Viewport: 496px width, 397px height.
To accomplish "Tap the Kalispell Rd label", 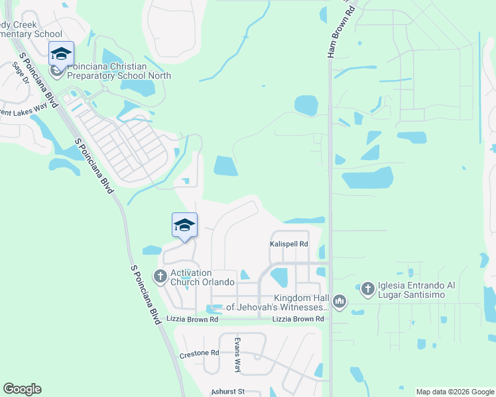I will (289, 243).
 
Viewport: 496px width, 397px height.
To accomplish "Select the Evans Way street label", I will (237, 354).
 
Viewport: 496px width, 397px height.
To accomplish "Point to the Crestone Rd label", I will (199, 355).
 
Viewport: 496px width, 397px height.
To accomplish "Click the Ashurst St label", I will (227, 392).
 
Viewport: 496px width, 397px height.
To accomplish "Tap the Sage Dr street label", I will (21, 72).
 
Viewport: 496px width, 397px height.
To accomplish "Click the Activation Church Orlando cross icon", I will (160, 276).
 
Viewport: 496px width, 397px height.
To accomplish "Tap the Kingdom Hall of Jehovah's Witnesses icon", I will (340, 302).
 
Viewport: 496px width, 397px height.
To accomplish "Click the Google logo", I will (22, 389).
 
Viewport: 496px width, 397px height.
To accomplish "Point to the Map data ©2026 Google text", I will (455, 392).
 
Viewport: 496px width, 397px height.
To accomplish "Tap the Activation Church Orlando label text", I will (202, 277).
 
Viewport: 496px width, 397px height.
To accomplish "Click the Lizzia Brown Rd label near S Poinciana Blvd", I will (192, 319).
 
